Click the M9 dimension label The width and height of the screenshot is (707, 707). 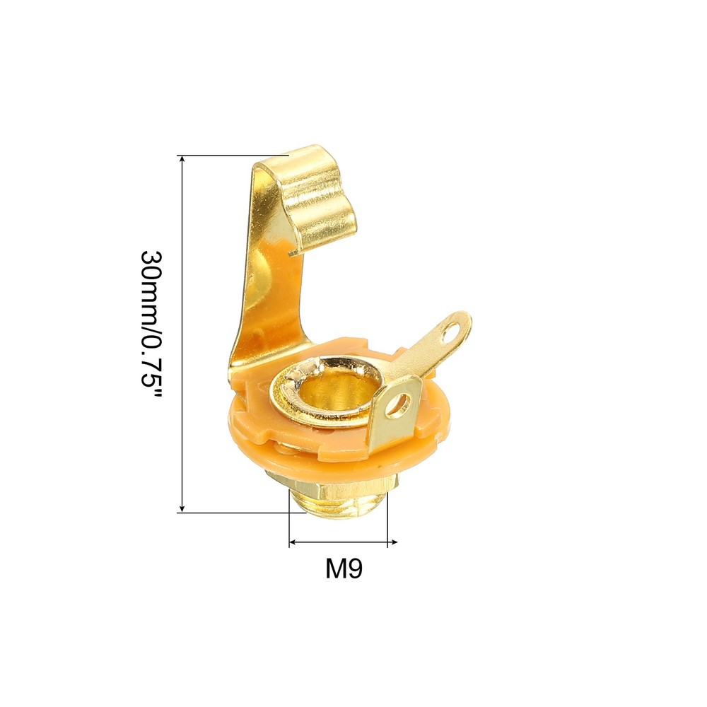[344, 568]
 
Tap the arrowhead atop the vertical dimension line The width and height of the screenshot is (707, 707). [182, 159]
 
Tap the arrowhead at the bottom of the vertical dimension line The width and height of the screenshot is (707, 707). [182, 508]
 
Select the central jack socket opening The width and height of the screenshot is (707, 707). [338, 397]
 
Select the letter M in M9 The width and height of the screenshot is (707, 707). [335, 568]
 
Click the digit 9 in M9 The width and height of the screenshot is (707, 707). [354, 568]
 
